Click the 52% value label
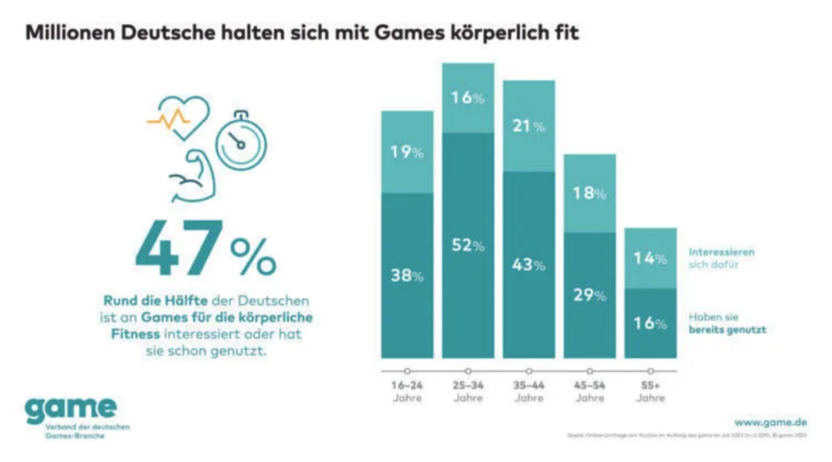468,246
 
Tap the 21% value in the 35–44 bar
529,126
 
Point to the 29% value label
589,295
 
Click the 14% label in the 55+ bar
650,259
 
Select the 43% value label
529,264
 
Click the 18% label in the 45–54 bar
589,193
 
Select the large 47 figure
179,248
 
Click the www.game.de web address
770,422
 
